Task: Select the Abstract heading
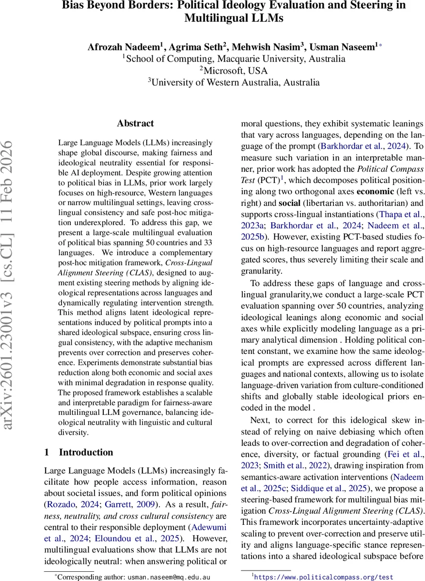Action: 135,123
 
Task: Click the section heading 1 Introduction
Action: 79,452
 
